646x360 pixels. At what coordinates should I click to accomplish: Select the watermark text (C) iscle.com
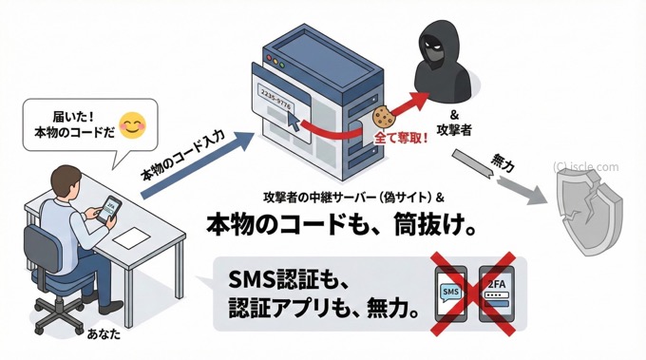(x=585, y=167)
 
